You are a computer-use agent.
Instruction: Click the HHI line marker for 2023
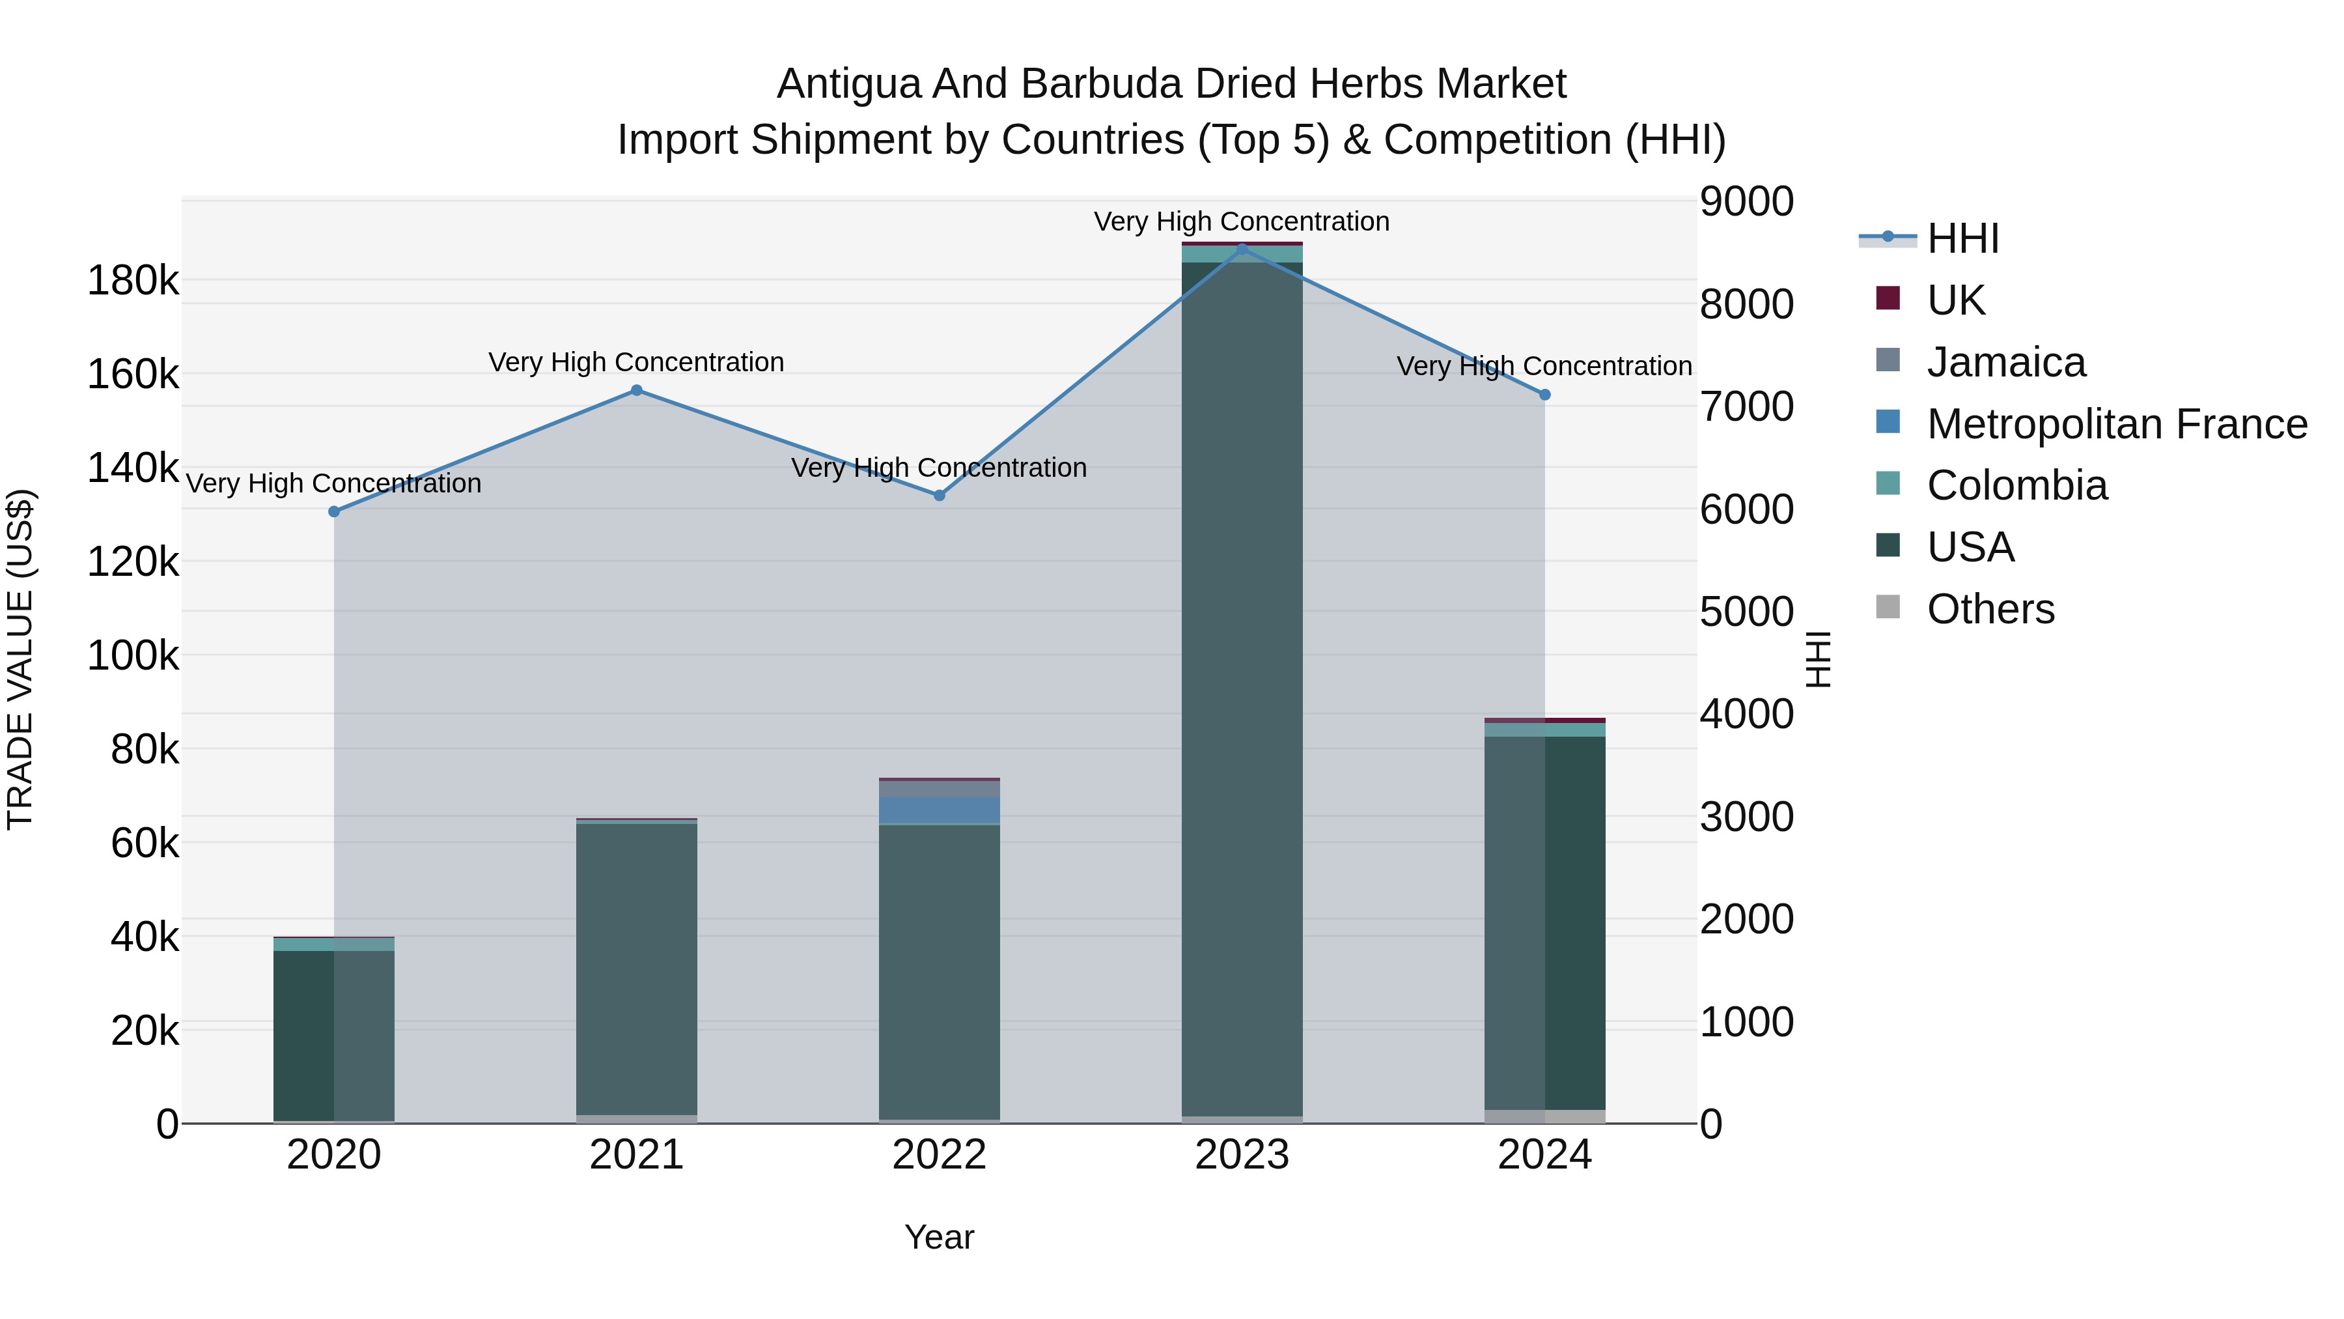tap(1242, 249)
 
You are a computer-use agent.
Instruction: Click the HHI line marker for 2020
tap(334, 511)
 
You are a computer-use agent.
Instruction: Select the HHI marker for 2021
tap(636, 391)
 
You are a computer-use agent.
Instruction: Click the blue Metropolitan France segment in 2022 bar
tap(939, 810)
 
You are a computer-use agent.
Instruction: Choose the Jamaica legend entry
tap(2005, 362)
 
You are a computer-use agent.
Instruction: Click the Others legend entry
tap(1990, 609)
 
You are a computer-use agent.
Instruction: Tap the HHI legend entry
tap(1962, 238)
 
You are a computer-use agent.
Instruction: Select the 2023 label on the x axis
tap(1242, 1155)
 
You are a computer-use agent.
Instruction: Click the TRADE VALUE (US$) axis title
tap(20, 659)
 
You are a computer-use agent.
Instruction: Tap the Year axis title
tap(939, 1237)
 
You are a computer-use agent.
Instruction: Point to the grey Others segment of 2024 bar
tap(1544, 1116)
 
